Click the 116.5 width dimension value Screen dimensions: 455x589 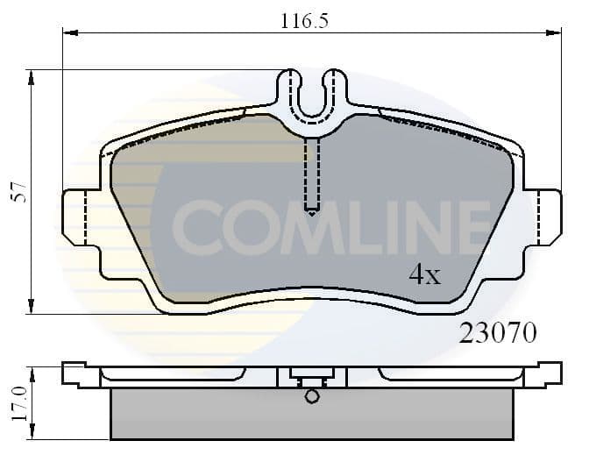(298, 20)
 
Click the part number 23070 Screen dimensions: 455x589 (498, 333)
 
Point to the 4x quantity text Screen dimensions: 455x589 (424, 275)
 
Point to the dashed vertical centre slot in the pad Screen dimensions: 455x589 (312, 175)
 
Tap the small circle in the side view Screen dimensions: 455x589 (312, 396)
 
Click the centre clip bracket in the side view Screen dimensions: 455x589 (312, 379)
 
